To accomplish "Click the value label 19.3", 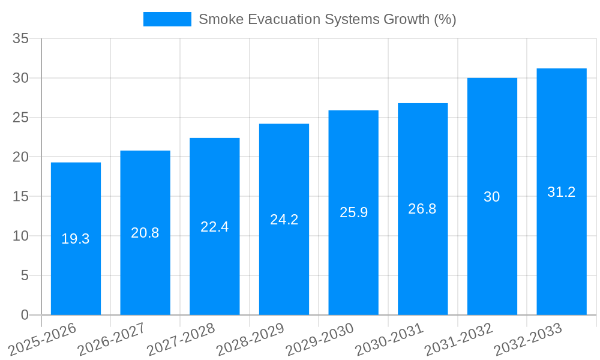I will tap(76, 239).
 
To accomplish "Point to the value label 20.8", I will tap(145, 233).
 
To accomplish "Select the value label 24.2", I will tap(284, 220).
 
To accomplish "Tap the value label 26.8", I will tap(422, 209).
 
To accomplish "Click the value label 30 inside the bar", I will tap(492, 197).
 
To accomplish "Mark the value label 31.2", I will tap(562, 192).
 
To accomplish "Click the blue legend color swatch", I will tap(167, 19).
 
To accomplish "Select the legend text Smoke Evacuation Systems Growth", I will tap(327, 19).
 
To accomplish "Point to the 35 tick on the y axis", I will tap(21, 38).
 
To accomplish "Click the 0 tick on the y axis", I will tap(25, 315).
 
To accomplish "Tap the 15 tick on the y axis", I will tap(21, 196).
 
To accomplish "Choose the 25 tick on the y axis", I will tap(21, 118).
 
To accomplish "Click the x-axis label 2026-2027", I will tap(112, 339).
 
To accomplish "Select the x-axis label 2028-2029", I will tap(250, 339).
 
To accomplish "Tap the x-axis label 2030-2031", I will tap(389, 339).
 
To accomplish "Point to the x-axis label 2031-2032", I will tap(459, 339).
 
